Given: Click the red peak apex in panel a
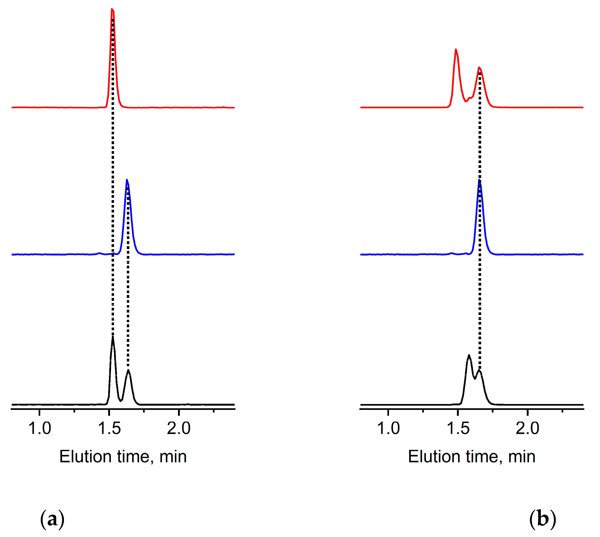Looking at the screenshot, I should click(x=112, y=9).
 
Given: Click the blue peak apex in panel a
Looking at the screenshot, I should click(x=127, y=180).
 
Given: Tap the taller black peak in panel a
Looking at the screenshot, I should click(x=113, y=337).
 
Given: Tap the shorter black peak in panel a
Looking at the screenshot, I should click(x=128, y=370).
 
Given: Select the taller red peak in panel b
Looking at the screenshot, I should click(x=456, y=50).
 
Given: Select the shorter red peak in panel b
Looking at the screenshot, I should click(x=479, y=68).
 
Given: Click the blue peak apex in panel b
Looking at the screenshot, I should click(x=479, y=180).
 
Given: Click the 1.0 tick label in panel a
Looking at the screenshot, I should click(x=39, y=429).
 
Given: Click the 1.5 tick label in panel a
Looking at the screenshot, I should click(x=109, y=429).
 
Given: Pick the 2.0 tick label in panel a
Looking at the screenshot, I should click(x=179, y=429).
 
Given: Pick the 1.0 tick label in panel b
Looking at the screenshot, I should click(x=388, y=429).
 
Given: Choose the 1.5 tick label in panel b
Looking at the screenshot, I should click(x=458, y=429).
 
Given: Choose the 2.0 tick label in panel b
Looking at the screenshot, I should click(x=528, y=429).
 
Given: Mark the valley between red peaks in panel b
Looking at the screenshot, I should click(x=466, y=102).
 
